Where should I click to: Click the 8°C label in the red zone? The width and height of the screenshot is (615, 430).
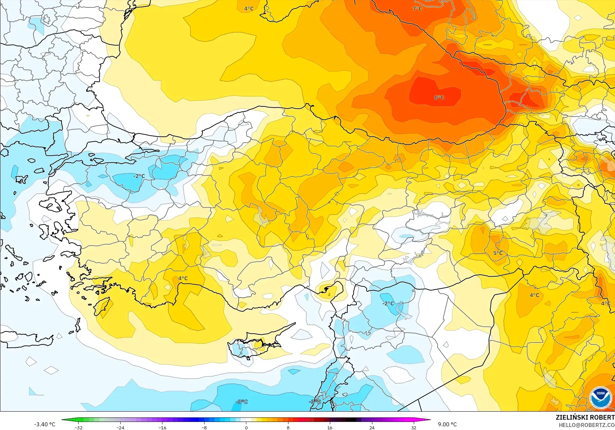pos(439,98)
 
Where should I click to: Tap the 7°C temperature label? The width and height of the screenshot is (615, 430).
pos(417,9)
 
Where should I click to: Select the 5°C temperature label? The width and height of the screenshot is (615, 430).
pos(498,253)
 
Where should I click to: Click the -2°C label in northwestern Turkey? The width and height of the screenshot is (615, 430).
pos(139,176)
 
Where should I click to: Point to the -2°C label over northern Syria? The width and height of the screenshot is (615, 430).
pos(388,304)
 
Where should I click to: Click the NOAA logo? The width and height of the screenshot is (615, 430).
pos(600,398)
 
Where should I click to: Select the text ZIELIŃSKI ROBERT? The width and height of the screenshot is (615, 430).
pos(585,417)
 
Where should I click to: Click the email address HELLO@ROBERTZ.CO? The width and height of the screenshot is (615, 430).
pos(587,425)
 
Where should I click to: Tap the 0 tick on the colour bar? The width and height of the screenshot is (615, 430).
pos(246,427)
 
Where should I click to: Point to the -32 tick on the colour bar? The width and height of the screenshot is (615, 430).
pos(78,427)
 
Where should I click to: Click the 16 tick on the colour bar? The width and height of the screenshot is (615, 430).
pos(330,427)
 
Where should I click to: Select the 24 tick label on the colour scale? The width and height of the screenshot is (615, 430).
pos(372,427)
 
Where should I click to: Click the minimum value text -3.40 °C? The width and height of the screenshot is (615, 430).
pos(44,424)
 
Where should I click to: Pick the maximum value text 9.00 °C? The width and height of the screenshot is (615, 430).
pos(447,424)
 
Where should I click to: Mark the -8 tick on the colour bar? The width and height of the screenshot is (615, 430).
pos(204,427)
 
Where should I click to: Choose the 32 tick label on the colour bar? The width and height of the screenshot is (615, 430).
pos(414,427)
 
